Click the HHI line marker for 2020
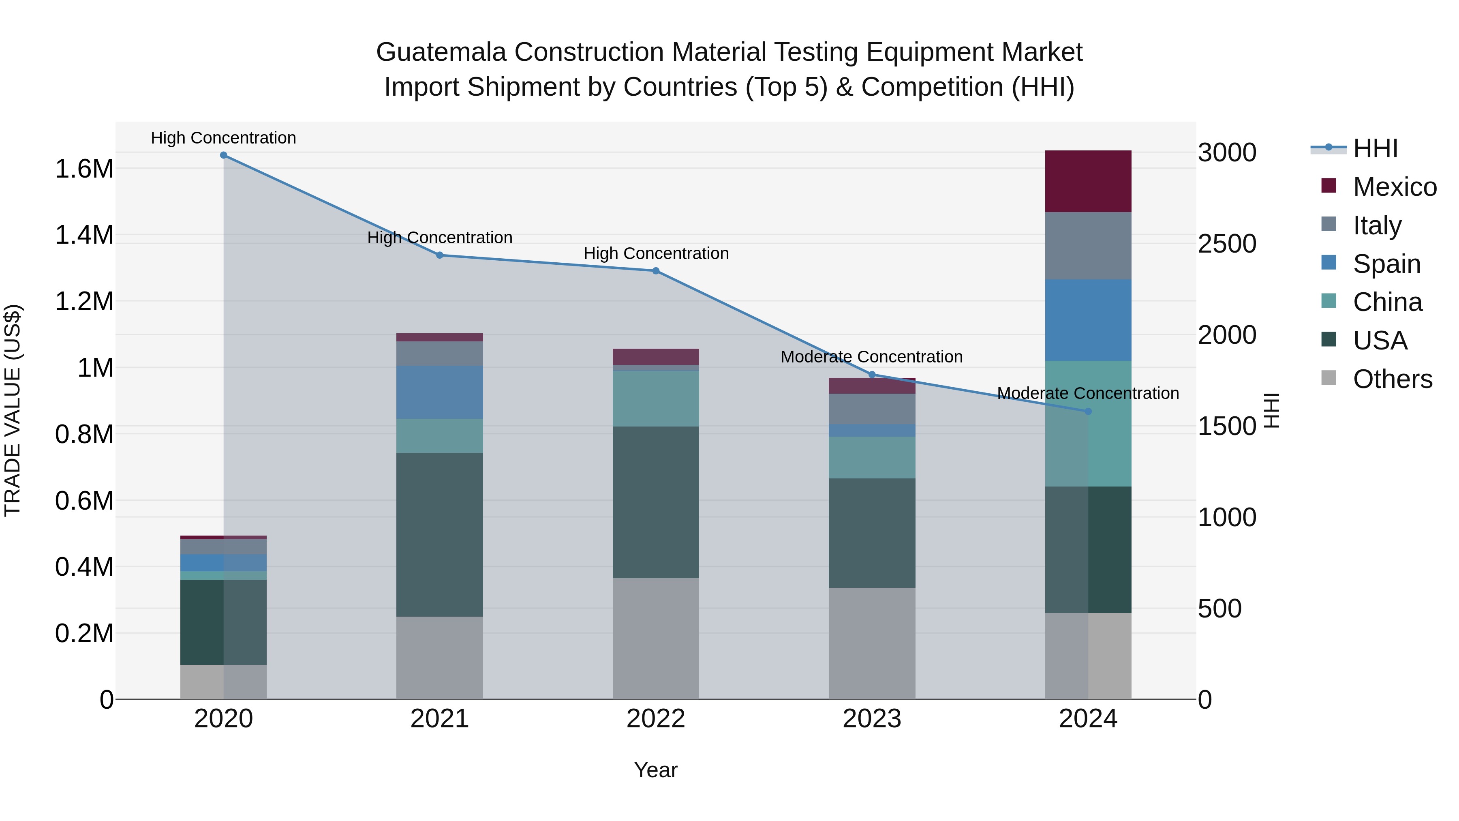[x=223, y=155]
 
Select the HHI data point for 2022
[x=656, y=271]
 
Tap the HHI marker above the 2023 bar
[x=872, y=375]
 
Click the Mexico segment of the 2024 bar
[x=1088, y=181]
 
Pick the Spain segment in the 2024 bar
[x=1088, y=320]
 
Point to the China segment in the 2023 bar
[x=872, y=457]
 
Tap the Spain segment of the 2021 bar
[x=439, y=392]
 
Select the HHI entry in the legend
[x=1375, y=148]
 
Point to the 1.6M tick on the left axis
[x=84, y=169]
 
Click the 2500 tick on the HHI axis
[x=1227, y=244]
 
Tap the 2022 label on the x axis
[x=656, y=719]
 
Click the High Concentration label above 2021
[x=439, y=238]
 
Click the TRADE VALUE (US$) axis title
[x=13, y=410]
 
